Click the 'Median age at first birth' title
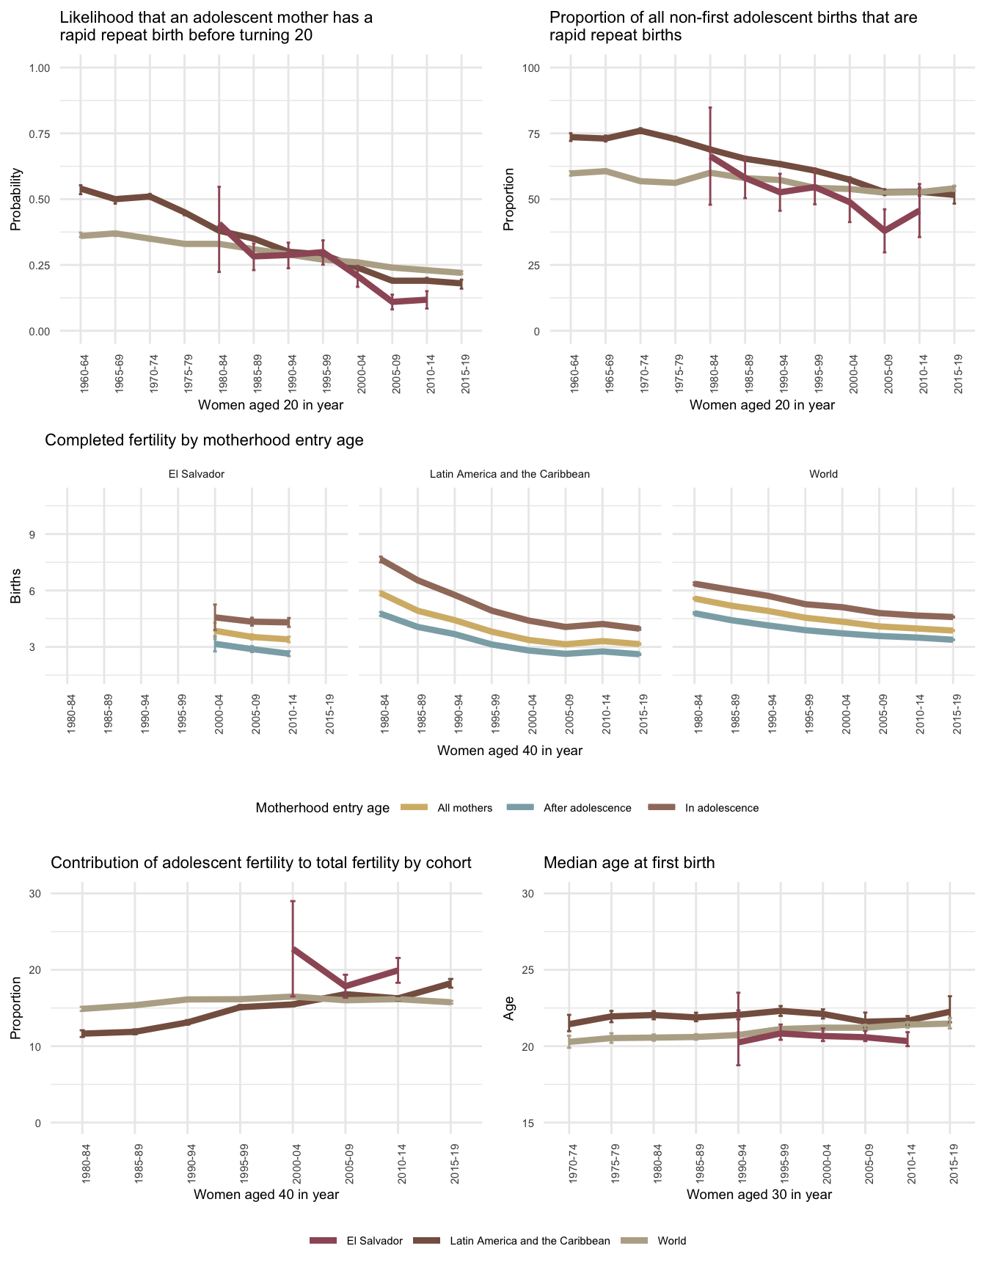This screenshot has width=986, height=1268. point(629,863)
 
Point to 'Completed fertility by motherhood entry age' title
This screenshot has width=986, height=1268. point(204,440)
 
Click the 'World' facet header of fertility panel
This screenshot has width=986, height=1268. point(823,474)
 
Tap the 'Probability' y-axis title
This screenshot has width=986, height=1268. point(15,200)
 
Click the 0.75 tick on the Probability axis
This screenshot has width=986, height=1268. point(40,134)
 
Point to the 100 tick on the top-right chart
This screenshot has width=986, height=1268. point(531,68)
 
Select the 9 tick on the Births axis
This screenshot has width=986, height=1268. point(33,534)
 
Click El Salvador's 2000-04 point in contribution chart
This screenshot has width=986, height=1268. point(293,950)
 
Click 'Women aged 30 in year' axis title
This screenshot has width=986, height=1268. point(759,1194)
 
